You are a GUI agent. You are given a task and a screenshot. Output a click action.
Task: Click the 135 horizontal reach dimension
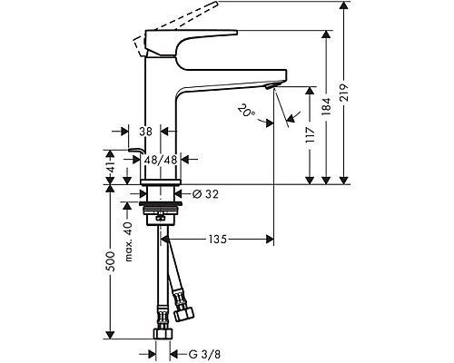[215, 240]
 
